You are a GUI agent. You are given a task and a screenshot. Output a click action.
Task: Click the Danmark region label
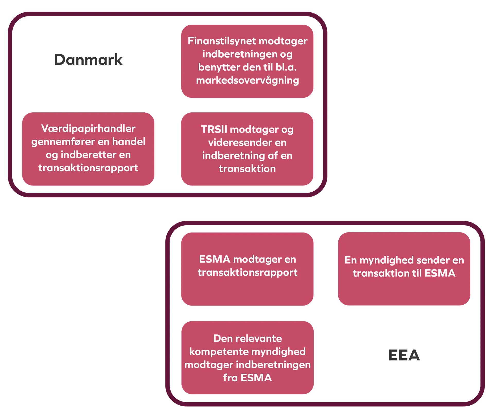(88, 59)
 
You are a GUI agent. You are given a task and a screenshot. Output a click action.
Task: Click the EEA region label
(403, 355)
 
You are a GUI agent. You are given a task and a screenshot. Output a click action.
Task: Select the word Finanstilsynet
(222, 41)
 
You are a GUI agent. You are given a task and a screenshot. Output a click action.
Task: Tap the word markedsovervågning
(248, 81)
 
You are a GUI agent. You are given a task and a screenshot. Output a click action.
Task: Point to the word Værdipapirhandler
(88, 129)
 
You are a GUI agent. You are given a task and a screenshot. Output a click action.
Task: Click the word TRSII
(214, 129)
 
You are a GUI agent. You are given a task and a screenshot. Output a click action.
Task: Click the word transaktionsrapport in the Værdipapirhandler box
(88, 168)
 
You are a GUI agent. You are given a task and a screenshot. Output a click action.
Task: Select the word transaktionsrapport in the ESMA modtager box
(248, 272)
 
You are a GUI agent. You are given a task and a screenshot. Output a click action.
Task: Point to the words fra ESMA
(248, 378)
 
